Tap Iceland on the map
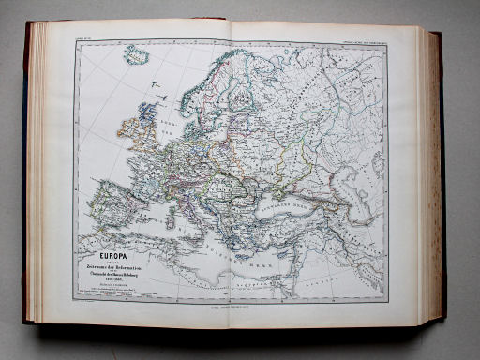tap(137, 55)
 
